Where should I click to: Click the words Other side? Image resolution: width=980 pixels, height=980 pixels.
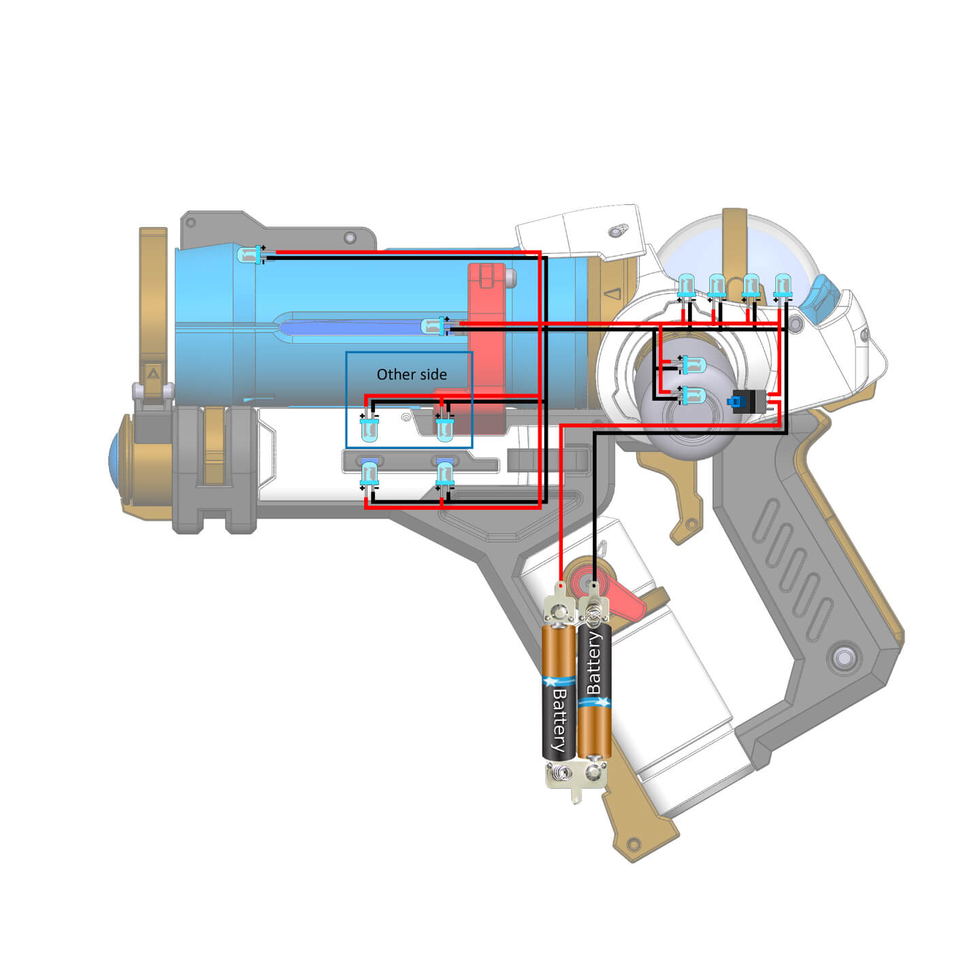click(412, 374)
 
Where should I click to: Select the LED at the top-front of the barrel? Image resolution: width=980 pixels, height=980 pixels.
click(250, 255)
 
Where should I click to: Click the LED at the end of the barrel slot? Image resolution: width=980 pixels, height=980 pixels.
click(434, 327)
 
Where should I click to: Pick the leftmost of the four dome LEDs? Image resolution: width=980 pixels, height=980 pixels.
click(686, 286)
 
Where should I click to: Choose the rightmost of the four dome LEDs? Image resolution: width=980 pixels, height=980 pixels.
click(783, 286)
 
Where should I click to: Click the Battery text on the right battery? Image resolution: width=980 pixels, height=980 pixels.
click(593, 664)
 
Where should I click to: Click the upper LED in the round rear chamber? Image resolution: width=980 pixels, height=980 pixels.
click(692, 365)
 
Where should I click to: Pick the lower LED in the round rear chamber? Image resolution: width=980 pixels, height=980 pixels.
click(692, 395)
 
